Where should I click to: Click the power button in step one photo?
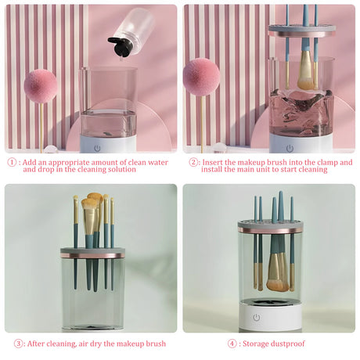(x=98, y=147)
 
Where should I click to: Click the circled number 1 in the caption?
(x=13, y=163)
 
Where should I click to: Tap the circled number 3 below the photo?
(x=19, y=343)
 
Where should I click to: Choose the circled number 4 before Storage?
(x=232, y=343)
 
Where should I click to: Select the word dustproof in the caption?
(x=290, y=343)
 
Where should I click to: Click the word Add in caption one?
(x=31, y=163)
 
